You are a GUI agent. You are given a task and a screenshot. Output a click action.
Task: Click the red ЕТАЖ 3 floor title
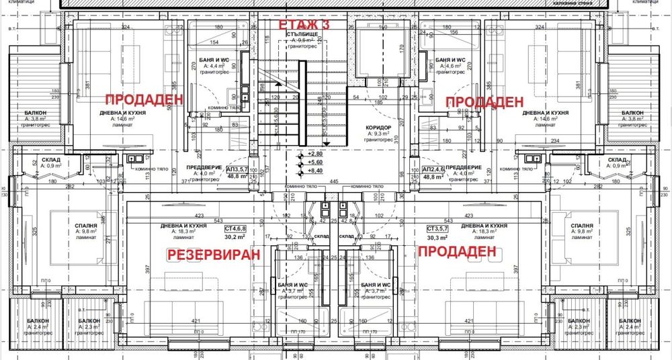(x=304, y=25)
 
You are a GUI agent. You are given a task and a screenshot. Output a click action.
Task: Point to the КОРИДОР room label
(x=380, y=126)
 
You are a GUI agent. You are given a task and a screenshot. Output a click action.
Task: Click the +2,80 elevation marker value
(x=314, y=154)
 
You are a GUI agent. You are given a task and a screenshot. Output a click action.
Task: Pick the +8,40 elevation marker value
(x=314, y=171)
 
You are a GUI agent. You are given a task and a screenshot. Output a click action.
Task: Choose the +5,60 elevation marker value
(x=314, y=162)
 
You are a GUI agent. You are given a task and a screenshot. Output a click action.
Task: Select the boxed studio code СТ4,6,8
(x=235, y=229)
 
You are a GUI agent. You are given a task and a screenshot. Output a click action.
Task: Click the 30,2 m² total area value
(x=235, y=237)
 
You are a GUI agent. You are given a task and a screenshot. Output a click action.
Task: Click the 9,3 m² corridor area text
(x=380, y=134)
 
